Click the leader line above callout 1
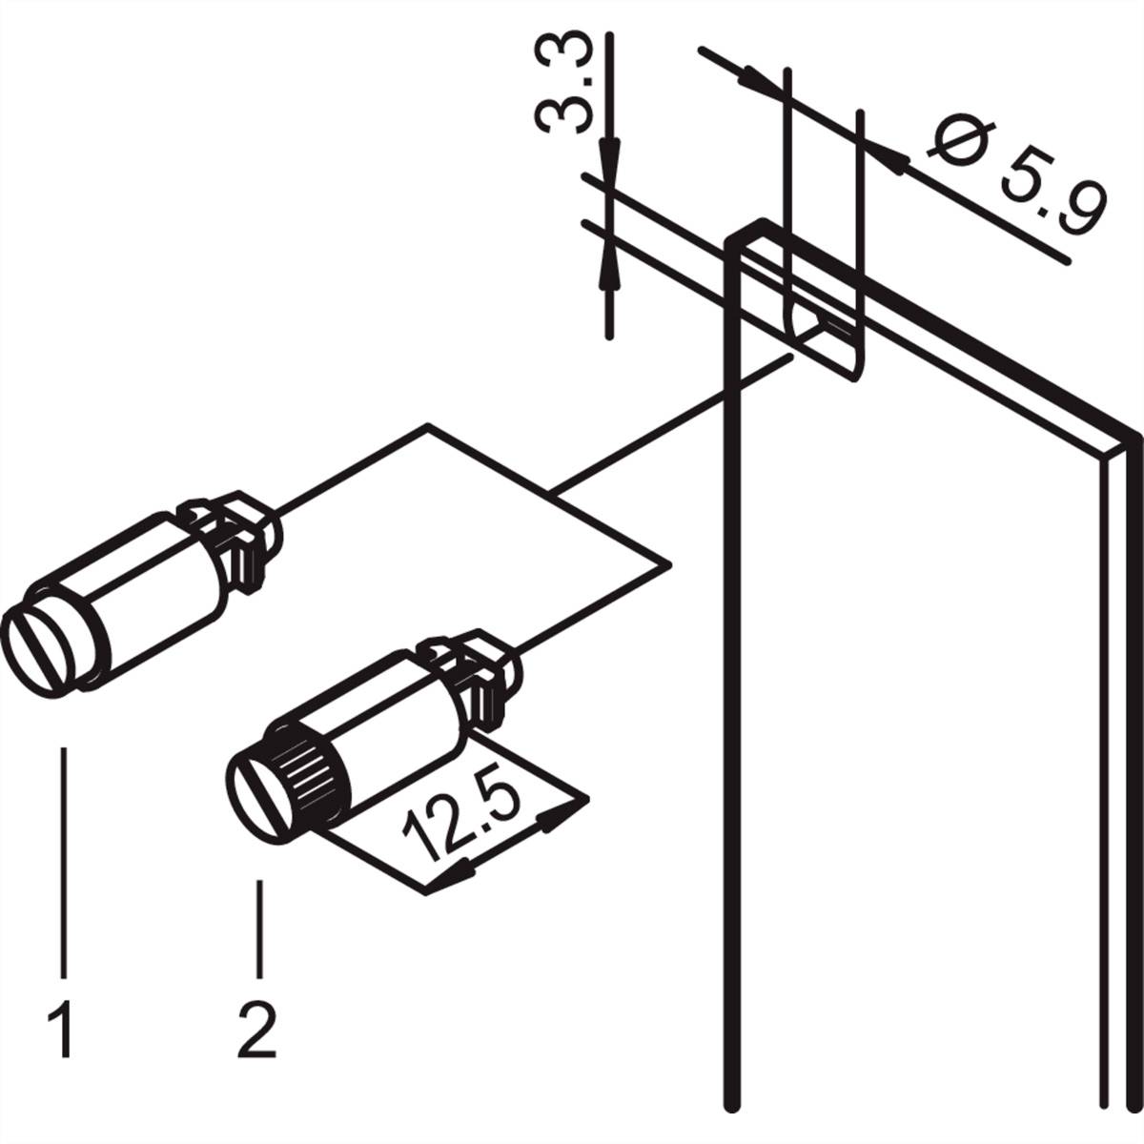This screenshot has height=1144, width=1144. point(64,858)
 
